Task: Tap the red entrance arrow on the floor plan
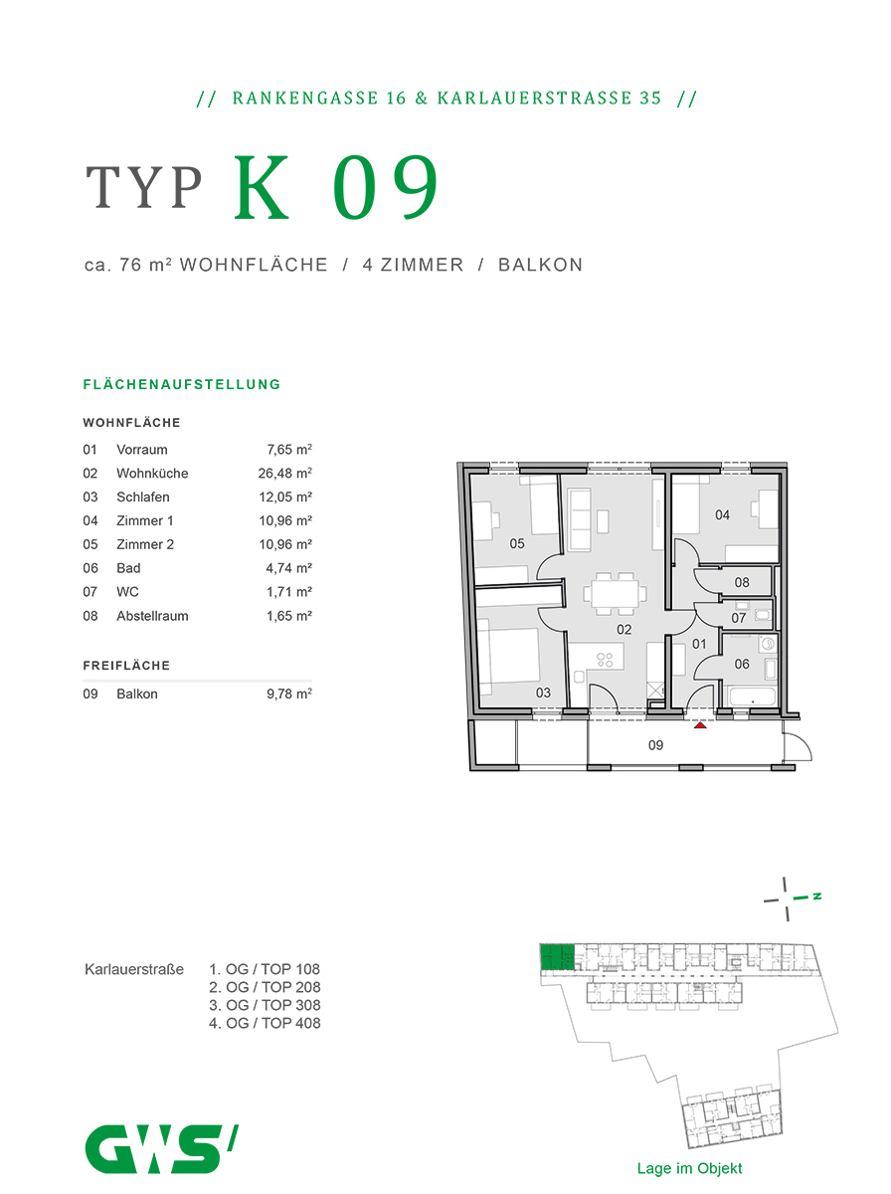tap(700, 725)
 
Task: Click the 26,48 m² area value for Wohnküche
tap(285, 474)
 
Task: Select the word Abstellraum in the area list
tap(152, 616)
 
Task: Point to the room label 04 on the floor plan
tap(722, 514)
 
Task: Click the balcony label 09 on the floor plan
tap(655, 743)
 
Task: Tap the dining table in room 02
tap(613, 594)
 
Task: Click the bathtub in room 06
tap(753, 696)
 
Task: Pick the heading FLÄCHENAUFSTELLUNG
tap(182, 384)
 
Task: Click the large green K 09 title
tap(336, 189)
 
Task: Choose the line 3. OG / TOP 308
tap(265, 1005)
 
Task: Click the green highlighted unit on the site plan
tap(558, 957)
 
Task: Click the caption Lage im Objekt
tap(689, 1169)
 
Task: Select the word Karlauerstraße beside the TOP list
tap(134, 969)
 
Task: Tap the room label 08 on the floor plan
tap(742, 582)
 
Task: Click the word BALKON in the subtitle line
tap(540, 265)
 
